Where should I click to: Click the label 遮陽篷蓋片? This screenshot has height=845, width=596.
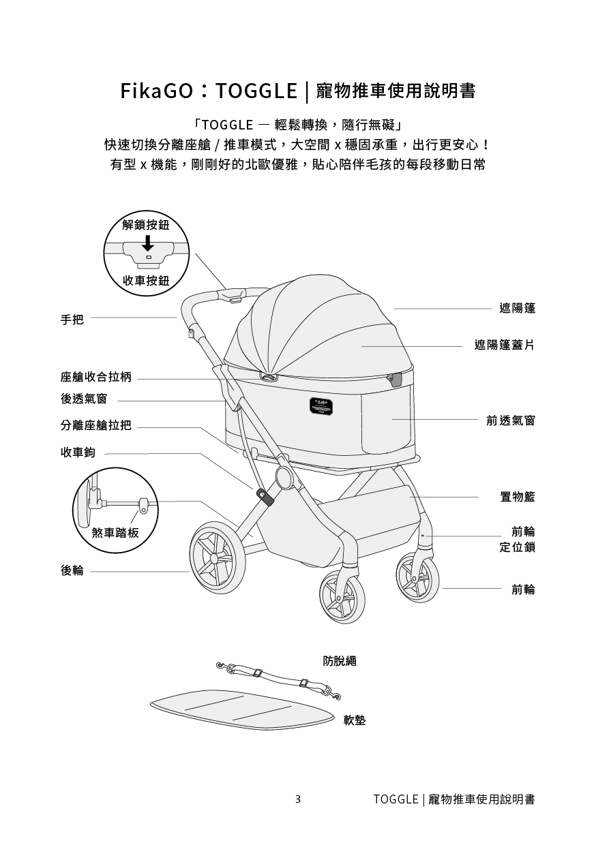pyautogui.click(x=504, y=345)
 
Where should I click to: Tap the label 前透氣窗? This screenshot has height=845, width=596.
pyautogui.click(x=510, y=420)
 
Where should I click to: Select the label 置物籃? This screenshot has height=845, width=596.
pyautogui.click(x=516, y=497)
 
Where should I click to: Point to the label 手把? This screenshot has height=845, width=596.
pyautogui.click(x=72, y=318)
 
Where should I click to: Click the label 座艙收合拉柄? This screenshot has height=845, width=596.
pyautogui.click(x=95, y=378)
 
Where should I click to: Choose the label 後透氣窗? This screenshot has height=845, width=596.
pyautogui.click(x=83, y=399)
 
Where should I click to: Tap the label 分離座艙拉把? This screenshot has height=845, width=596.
pyautogui.click(x=95, y=426)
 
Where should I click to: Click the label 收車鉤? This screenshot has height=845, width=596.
pyautogui.click(x=78, y=452)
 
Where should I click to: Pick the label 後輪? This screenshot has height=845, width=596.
pyautogui.click(x=72, y=570)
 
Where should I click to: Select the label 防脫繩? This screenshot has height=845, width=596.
pyautogui.click(x=340, y=660)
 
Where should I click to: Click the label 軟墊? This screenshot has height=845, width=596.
pyautogui.click(x=355, y=720)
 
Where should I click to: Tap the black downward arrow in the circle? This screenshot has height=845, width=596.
pyautogui.click(x=147, y=243)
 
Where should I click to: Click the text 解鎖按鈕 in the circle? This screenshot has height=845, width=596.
pyautogui.click(x=146, y=225)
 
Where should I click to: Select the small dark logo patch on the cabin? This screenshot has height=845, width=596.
pyautogui.click(x=323, y=403)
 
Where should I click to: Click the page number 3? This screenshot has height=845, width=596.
pyautogui.click(x=298, y=799)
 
